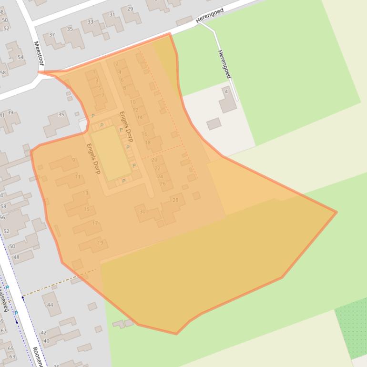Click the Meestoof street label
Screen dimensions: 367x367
coord(38,53)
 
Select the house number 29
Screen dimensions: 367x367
coord(130,9)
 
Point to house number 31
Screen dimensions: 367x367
coord(112,15)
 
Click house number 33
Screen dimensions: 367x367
coord(91,22)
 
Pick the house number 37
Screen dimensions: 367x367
coord(52,35)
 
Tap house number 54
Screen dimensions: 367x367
coord(20,57)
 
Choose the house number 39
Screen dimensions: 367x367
coord(10,113)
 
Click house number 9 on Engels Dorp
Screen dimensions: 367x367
coord(73,160)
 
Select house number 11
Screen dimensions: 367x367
coord(78,177)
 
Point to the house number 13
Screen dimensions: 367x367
coord(85,193)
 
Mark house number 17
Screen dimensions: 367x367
coord(95,223)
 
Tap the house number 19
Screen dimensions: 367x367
coord(100,243)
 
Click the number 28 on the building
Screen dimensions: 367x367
coord(175,200)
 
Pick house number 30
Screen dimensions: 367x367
coord(143,212)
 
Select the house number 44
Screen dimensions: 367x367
coord(50,305)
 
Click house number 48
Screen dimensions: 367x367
coord(16,257)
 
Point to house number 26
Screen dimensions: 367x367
coord(163,184)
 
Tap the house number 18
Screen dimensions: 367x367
coord(148,143)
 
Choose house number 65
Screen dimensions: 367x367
coord(10,349)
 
